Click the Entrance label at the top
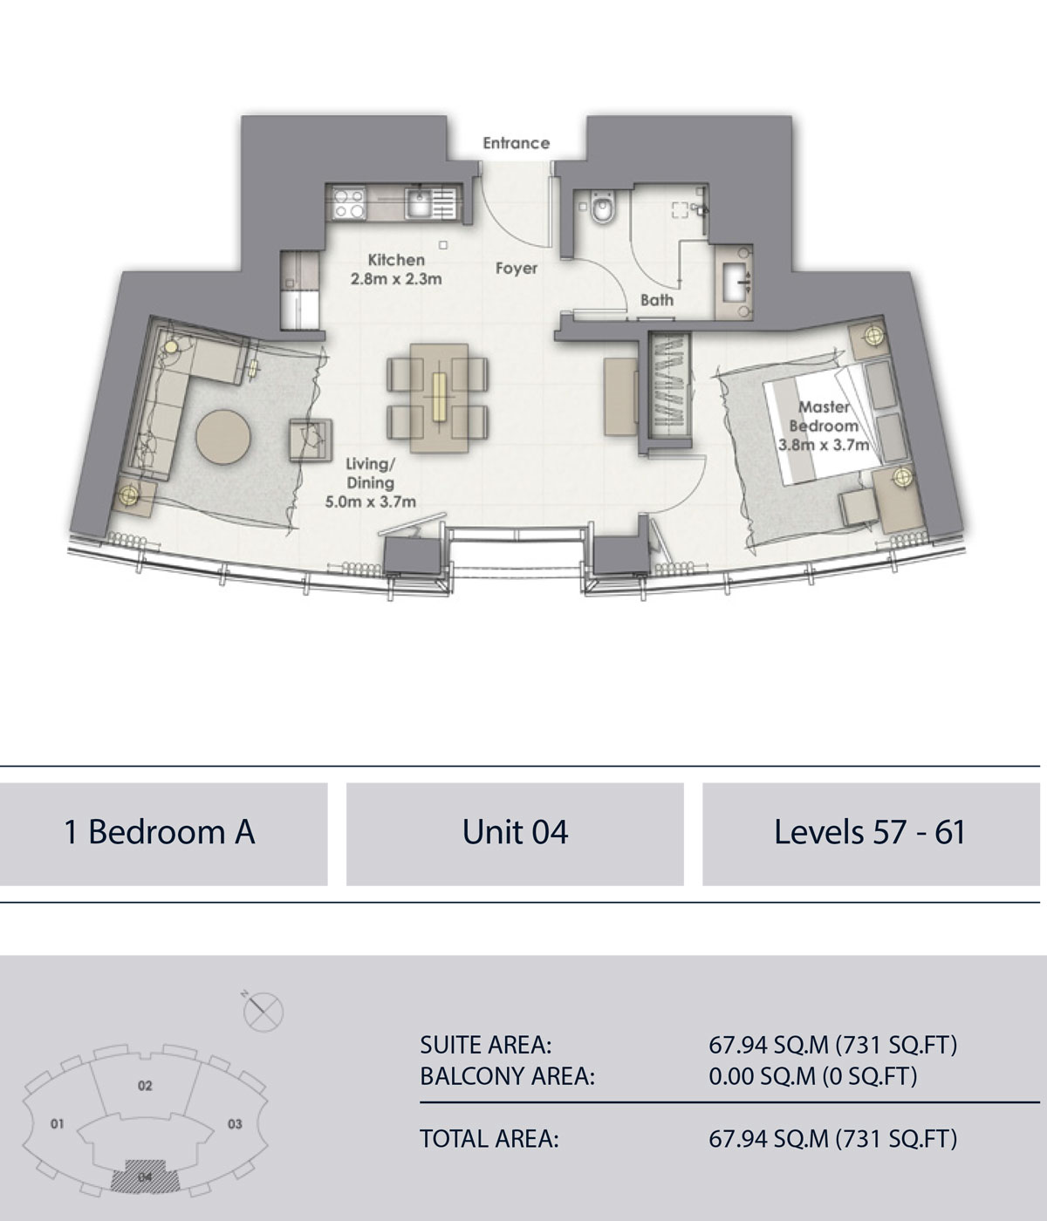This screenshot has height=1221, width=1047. click(x=517, y=143)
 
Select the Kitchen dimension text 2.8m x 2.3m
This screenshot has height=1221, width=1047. click(x=396, y=280)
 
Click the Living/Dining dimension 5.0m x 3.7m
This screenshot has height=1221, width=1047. click(x=370, y=501)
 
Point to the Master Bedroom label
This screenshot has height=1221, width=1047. click(x=825, y=417)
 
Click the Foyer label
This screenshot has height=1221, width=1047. click(x=517, y=269)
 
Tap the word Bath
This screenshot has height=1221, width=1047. click(x=657, y=300)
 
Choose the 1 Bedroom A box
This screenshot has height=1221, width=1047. click(x=161, y=832)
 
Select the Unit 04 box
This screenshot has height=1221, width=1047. click(x=515, y=832)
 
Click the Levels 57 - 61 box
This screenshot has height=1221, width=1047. click(x=870, y=832)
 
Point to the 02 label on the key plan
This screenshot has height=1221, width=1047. click(x=145, y=1086)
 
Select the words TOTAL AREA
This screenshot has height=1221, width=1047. click(x=489, y=1138)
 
